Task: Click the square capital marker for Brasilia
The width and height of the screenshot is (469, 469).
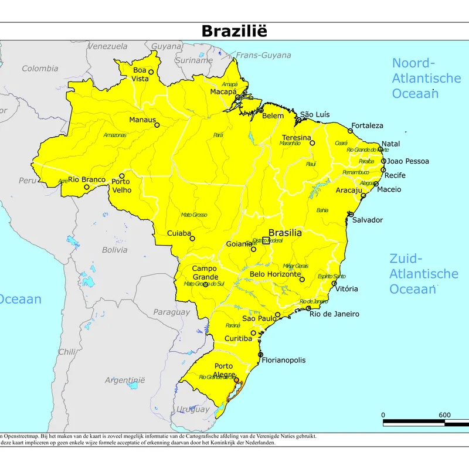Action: (x=266, y=240)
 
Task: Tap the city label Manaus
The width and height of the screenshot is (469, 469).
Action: (x=142, y=120)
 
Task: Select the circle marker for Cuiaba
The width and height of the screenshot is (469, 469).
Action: (x=192, y=239)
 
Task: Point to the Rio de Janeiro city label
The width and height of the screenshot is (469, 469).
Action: (x=334, y=314)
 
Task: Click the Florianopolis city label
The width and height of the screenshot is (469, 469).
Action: (x=283, y=361)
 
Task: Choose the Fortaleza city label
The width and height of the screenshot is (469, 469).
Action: (x=367, y=125)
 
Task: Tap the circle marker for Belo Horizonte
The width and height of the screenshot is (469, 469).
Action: (x=302, y=280)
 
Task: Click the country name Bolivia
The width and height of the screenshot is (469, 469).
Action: (x=114, y=250)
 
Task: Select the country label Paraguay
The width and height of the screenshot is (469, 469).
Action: (x=171, y=312)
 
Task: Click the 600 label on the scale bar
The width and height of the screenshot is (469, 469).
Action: (x=444, y=415)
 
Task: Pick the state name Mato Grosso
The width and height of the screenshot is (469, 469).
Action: (x=194, y=215)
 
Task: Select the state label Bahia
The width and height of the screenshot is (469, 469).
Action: (x=322, y=210)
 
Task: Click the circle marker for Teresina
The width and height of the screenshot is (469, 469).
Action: (x=312, y=143)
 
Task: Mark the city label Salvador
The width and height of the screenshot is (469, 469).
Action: (x=368, y=220)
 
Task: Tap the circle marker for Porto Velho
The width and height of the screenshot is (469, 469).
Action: (x=122, y=176)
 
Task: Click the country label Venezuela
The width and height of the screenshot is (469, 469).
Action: (x=107, y=46)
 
